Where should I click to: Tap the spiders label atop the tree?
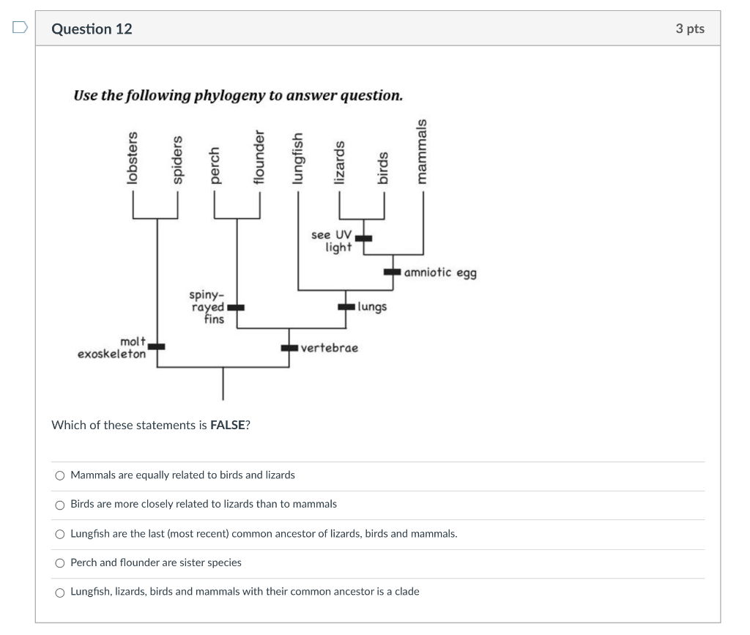(x=176, y=161)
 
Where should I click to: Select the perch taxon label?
(x=215, y=165)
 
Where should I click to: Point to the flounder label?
(x=258, y=158)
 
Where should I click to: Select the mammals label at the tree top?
(x=421, y=152)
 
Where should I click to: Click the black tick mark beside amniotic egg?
(x=393, y=272)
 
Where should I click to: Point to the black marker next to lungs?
(x=346, y=307)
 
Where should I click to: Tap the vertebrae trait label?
(x=330, y=348)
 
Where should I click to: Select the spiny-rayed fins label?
(x=207, y=307)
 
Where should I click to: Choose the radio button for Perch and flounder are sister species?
(x=60, y=563)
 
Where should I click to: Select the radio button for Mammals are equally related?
(x=60, y=475)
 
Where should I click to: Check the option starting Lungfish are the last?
(x=60, y=534)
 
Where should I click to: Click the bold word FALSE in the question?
(x=227, y=426)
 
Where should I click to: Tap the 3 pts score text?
(x=689, y=29)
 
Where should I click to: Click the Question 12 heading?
(x=92, y=29)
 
